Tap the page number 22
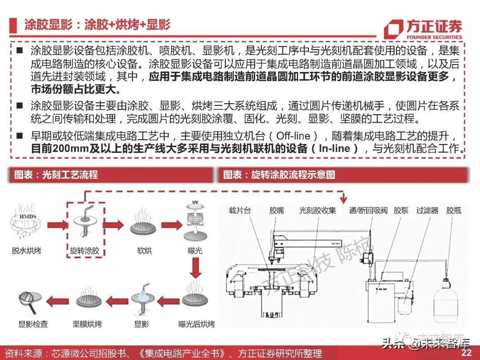pyautogui.click(x=466, y=352)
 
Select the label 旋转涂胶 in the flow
pyautogui.click(x=85, y=251)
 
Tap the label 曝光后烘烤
pyautogui.click(x=196, y=324)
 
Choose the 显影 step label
pyautogui.click(x=142, y=324)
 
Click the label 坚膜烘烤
pyautogui.click(x=87, y=324)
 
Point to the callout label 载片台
pyautogui.click(x=240, y=210)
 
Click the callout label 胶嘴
pyautogui.click(x=276, y=210)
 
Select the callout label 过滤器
pyautogui.click(x=427, y=210)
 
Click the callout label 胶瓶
pyautogui.click(x=454, y=210)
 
